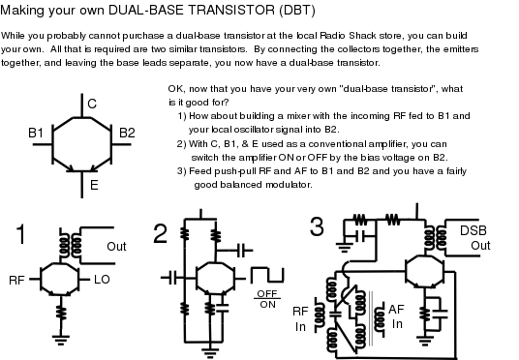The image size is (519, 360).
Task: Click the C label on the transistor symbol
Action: [x=92, y=104]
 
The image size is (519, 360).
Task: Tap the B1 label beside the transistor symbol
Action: [x=36, y=133]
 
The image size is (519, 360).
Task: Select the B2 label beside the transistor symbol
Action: [x=127, y=133]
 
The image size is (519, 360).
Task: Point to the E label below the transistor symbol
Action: [x=94, y=185]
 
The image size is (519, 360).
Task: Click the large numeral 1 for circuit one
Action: [x=21, y=234]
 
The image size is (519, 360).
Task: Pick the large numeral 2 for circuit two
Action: [x=160, y=234]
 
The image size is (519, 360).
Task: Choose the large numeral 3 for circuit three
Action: [x=317, y=226]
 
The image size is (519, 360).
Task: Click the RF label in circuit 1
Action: [x=16, y=281]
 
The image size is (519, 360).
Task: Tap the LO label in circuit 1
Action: [x=102, y=280]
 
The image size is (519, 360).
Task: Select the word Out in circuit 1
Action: [x=116, y=247]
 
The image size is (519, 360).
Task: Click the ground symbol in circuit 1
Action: [x=61, y=340]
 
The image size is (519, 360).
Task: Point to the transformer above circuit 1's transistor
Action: [x=71, y=245]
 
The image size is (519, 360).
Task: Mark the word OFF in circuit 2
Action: [x=267, y=293]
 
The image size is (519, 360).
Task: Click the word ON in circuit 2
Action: [x=268, y=305]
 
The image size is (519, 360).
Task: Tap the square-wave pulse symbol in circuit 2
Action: [x=267, y=275]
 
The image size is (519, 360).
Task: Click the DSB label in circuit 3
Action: [x=473, y=230]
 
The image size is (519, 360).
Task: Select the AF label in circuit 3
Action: [x=396, y=310]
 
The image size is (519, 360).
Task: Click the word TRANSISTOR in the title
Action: [x=231, y=11]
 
